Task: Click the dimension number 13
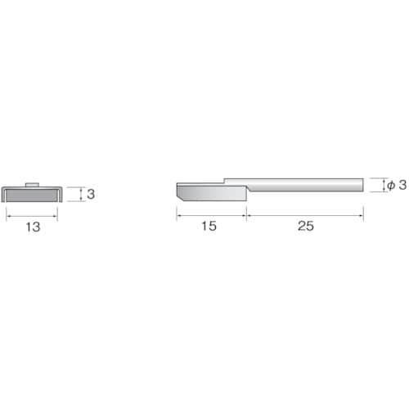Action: pos(32,227)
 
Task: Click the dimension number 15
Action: pos(209,227)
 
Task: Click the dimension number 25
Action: pos(305,227)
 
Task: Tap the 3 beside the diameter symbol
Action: pos(402,186)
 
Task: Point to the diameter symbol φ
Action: pos(390,186)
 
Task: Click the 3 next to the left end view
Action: pos(91,195)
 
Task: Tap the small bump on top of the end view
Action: pos(31,185)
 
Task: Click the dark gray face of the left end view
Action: pos(32,194)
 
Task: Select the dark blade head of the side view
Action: pos(209,193)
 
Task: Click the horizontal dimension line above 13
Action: pos(32,215)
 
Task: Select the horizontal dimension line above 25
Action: pos(305,215)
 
